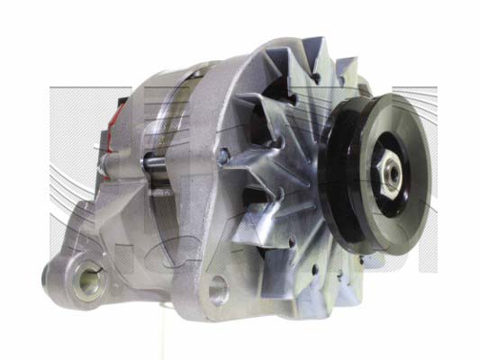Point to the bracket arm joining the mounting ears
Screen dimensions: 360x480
[144, 270]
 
